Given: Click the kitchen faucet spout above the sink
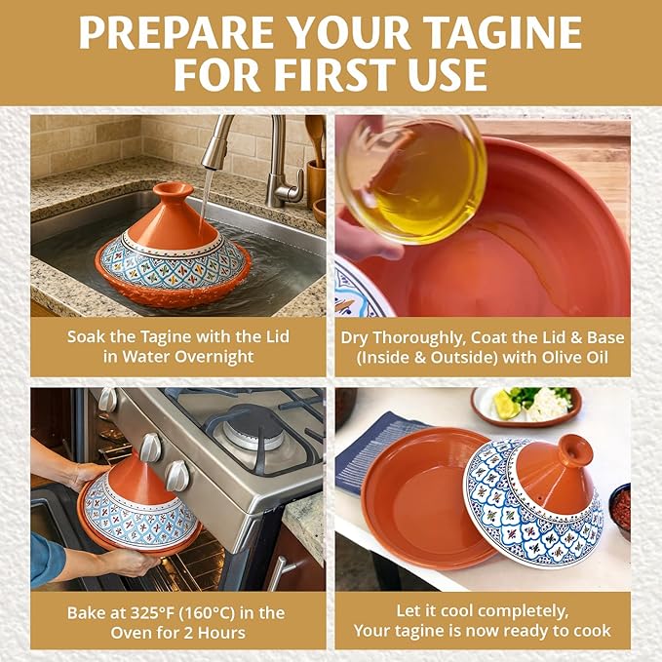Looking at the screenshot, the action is pyautogui.click(x=214, y=142).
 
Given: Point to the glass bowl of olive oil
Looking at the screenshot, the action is pyautogui.click(x=412, y=179).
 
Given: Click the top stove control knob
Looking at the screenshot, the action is pyautogui.click(x=107, y=400).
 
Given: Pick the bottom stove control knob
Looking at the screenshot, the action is pyautogui.click(x=177, y=476).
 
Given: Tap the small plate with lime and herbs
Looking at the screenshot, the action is pyautogui.click(x=526, y=406).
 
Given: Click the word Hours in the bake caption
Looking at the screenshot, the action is pyautogui.click(x=222, y=633).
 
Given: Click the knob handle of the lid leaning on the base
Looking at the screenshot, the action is pyautogui.click(x=575, y=448).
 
